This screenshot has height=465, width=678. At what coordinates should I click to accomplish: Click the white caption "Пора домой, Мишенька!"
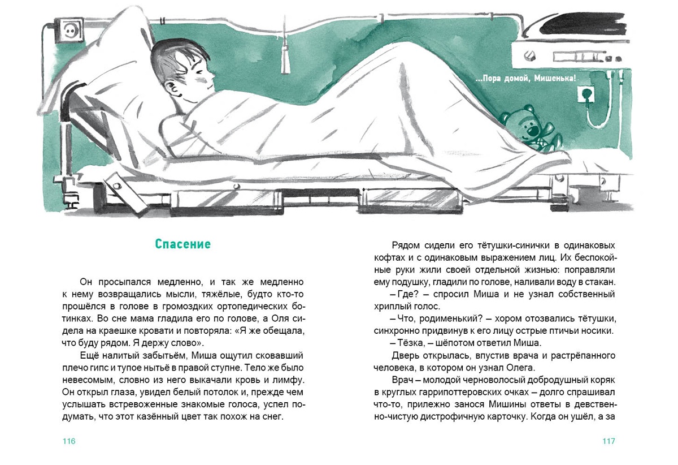[x=525, y=79]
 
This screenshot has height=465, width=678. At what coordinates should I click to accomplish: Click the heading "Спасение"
[x=182, y=244]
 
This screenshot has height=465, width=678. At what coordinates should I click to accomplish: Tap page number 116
[x=69, y=441]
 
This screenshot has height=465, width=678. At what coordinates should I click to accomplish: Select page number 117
[x=608, y=441]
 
